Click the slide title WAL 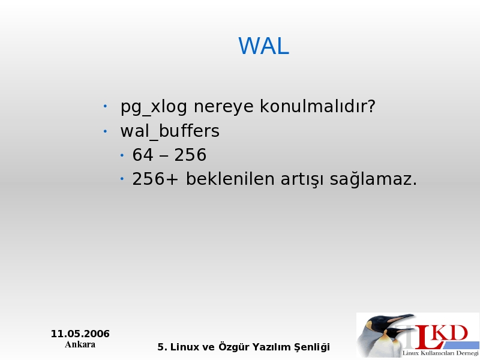click(263, 46)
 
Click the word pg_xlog click(154, 107)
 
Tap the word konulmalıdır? click(317, 106)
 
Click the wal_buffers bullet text click(170, 131)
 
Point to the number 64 click(143, 155)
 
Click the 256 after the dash click(190, 155)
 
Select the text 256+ click(155, 179)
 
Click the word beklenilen click(230, 178)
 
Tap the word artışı click(302, 179)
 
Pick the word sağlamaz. click(373, 179)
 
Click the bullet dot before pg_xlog click(105, 107)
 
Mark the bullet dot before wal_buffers click(105, 131)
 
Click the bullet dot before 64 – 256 click(122, 155)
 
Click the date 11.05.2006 click(80, 334)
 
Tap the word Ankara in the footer click(80, 344)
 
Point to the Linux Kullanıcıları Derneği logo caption click(440, 353)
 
